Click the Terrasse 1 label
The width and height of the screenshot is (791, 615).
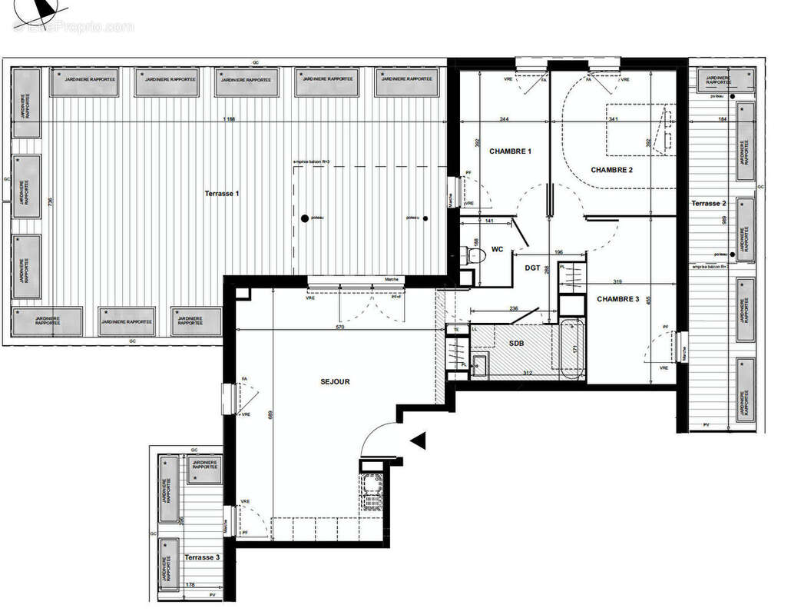coord(222,193)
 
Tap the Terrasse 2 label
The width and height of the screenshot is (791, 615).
coord(708,203)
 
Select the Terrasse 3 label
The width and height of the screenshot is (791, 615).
coord(201,557)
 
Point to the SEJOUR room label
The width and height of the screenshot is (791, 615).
coord(335,381)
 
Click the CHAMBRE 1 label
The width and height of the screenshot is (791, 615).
coord(510,151)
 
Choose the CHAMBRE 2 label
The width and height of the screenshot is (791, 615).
coord(611,170)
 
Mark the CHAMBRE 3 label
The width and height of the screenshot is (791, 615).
coord(618,299)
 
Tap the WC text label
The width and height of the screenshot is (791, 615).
coord(497,249)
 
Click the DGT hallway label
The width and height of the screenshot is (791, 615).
coord(532,268)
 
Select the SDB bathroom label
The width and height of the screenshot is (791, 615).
coord(515,343)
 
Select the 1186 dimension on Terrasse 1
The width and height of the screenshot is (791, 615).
coord(229,119)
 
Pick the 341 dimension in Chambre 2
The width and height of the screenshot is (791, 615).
coord(612,119)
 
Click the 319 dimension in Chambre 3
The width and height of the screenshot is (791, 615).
coord(617,281)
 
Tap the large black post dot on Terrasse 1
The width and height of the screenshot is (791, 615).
coord(305,218)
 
